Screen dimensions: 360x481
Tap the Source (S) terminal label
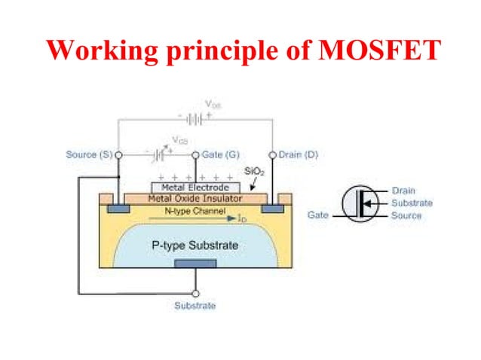coord(88,154)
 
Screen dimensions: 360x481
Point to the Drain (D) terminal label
coord(299,154)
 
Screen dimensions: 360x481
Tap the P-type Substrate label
coord(195,246)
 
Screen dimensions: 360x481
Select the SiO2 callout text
coord(254,172)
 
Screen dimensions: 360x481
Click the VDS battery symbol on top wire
coord(195,118)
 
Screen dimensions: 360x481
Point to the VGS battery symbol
coord(158,154)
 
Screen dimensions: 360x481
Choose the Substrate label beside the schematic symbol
coord(412,203)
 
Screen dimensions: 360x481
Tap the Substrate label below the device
coord(195,306)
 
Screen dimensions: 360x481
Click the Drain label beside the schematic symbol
coord(403,191)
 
